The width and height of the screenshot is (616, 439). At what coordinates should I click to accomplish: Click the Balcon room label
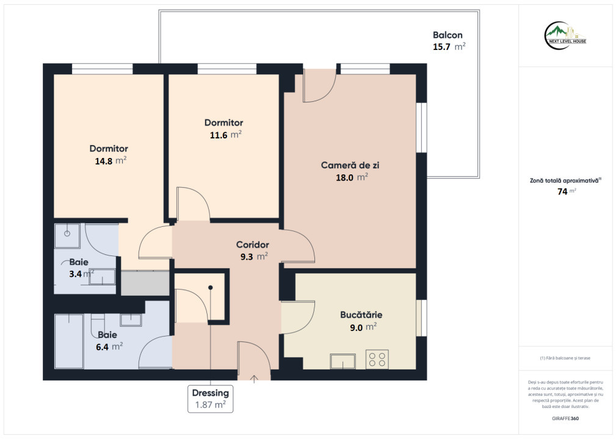(448, 35)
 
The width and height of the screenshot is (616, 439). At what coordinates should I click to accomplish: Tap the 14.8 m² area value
(111, 161)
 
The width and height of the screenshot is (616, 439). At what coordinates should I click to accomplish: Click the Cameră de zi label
(350, 165)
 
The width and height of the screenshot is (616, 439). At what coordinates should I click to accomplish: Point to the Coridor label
(252, 245)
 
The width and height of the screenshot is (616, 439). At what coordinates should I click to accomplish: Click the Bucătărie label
(361, 315)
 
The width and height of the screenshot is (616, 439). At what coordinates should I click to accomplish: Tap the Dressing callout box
(210, 399)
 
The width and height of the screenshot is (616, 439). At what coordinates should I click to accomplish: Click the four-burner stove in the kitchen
(377, 359)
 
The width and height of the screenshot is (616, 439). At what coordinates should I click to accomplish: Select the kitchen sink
(342, 362)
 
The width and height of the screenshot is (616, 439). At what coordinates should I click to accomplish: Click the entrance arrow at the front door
(254, 379)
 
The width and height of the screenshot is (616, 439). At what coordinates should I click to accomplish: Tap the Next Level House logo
(565, 36)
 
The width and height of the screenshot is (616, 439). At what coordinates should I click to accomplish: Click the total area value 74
(562, 191)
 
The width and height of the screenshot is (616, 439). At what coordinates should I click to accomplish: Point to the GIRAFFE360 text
(565, 418)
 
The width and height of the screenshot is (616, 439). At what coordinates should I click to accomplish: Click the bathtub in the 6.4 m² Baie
(69, 341)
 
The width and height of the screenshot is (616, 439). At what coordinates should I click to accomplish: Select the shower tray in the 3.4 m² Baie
(67, 236)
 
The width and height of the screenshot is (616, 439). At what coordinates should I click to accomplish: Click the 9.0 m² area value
(363, 327)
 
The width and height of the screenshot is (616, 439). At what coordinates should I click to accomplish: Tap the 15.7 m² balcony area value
(449, 47)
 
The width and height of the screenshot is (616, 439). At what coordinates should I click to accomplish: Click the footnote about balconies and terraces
(565, 358)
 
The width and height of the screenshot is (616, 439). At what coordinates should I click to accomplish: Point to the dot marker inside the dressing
(211, 288)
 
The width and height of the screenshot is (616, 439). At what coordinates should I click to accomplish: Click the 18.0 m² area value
(352, 177)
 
